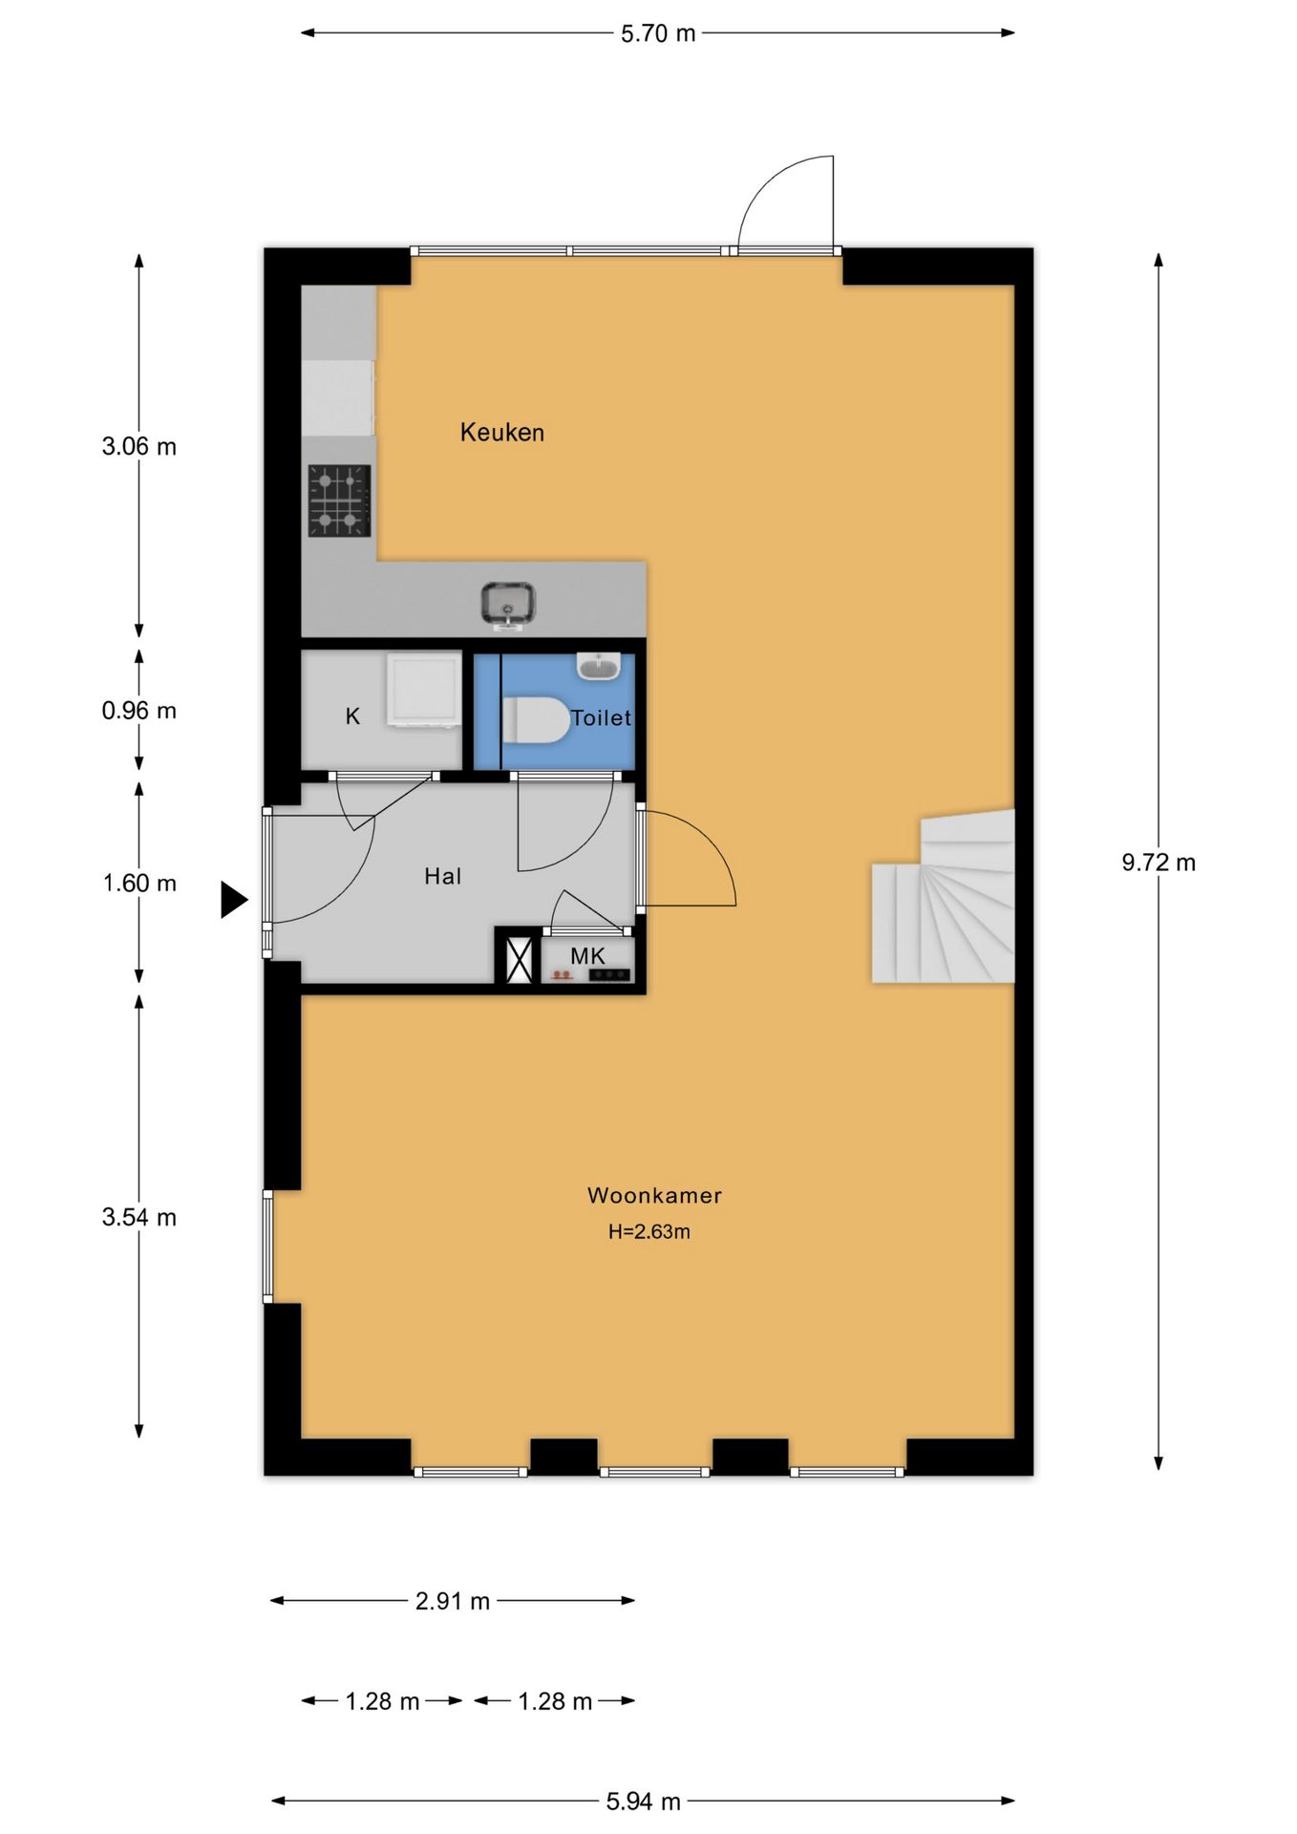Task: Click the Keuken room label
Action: click(502, 433)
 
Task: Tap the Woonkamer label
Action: click(654, 1195)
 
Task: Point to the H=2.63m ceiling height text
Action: click(649, 1232)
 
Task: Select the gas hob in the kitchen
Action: click(339, 501)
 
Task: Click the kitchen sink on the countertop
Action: click(508, 605)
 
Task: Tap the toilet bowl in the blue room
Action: click(536, 720)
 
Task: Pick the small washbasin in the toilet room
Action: click(599, 666)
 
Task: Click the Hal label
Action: click(443, 876)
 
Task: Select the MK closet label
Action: click(587, 955)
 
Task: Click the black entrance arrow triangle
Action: click(234, 900)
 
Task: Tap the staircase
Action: click(943, 897)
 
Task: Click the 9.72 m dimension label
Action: click(1159, 863)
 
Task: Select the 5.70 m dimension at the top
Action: click(658, 33)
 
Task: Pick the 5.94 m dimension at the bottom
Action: click(643, 1802)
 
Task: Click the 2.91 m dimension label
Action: click(453, 1601)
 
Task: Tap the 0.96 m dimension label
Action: click(139, 711)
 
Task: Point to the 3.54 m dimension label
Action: click(139, 1217)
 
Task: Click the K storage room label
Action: click(352, 716)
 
